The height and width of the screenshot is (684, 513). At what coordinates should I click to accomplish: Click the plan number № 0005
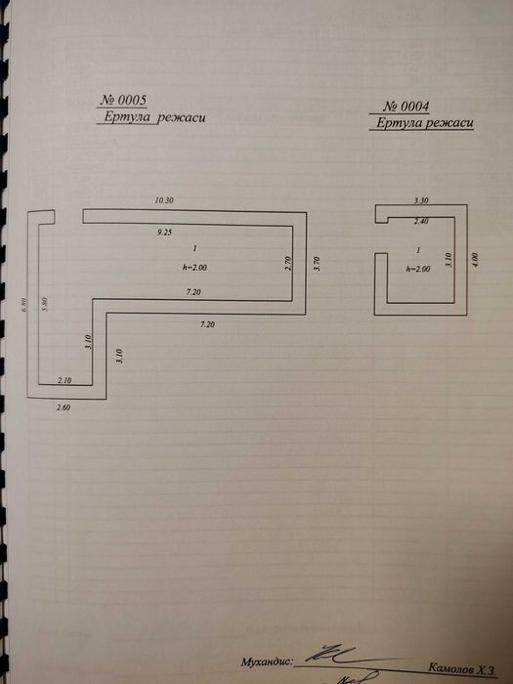tap(124, 101)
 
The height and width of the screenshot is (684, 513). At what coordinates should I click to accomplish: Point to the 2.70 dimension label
tap(289, 263)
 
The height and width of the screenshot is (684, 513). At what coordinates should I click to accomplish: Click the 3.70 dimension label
tap(316, 263)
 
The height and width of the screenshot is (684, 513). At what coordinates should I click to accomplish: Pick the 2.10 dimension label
tap(67, 379)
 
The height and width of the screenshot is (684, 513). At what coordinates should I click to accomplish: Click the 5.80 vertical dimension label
tap(45, 303)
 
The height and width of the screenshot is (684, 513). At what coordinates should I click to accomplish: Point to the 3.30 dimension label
tap(422, 199)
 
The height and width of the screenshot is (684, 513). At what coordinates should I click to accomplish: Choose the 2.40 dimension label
tap(422, 220)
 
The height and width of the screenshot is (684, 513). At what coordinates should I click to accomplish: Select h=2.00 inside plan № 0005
tap(194, 267)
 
